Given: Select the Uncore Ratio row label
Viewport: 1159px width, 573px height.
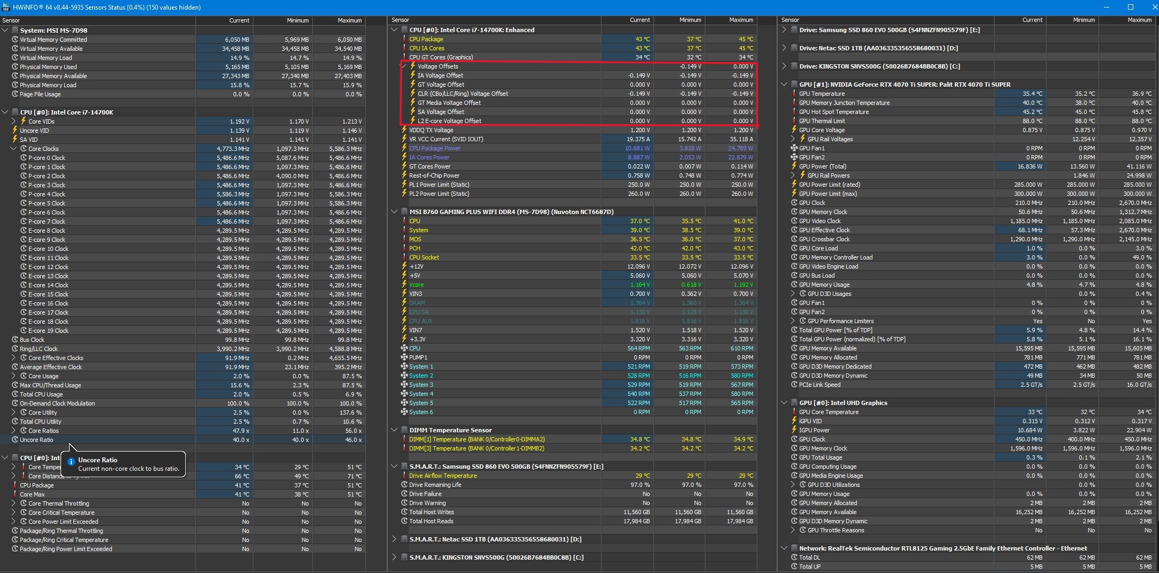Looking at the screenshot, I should point(36,440).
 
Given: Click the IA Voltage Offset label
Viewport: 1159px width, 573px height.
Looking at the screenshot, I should point(440,75).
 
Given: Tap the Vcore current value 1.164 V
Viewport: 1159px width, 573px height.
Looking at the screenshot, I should point(639,285).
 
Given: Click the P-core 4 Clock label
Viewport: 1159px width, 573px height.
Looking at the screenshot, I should point(47,194).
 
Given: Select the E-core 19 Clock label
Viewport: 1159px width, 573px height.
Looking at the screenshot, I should point(48,331).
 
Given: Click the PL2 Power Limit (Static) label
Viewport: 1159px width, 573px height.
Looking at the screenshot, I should point(439,194).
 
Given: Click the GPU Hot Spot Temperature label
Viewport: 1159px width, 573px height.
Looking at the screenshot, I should point(833,112).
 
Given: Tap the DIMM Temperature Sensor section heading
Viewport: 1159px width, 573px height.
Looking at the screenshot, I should point(450,430).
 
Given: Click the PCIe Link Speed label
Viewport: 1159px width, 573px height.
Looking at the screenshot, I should point(819,385).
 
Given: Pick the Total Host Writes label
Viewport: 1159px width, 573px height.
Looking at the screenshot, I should point(431,512).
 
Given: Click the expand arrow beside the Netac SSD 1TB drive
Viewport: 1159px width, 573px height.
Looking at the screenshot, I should point(784,48).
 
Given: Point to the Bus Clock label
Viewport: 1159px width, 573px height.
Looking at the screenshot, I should point(32,340).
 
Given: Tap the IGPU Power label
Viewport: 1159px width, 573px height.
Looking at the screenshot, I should point(814,430).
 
